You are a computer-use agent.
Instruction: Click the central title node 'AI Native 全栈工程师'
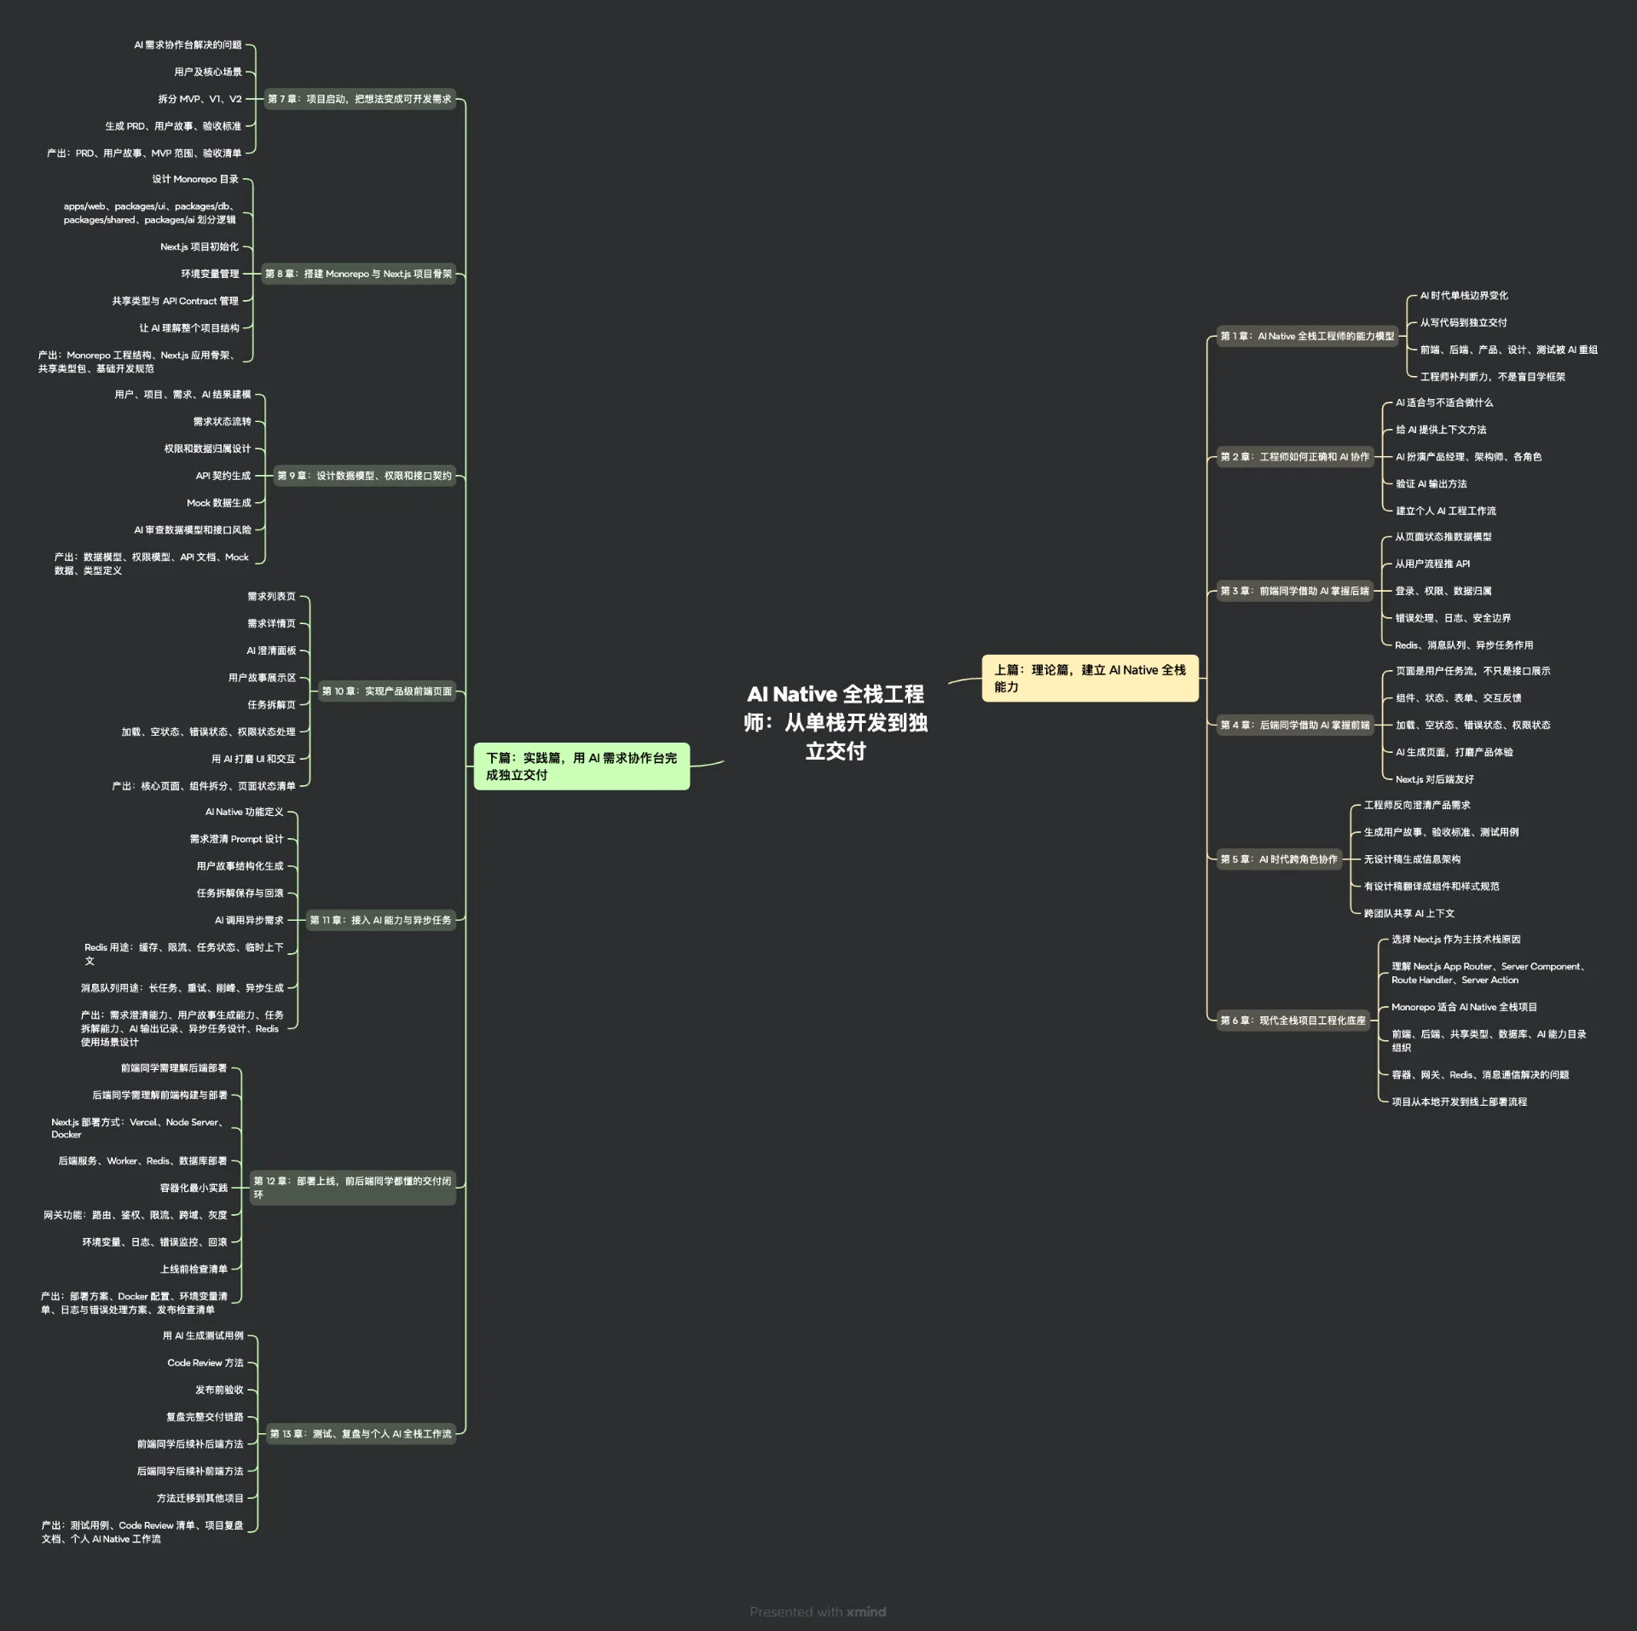[x=836, y=722]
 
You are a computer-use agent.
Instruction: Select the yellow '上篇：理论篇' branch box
[x=1090, y=679]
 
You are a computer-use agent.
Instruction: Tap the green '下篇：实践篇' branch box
[x=581, y=766]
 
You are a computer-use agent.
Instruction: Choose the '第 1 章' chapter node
[x=1306, y=336]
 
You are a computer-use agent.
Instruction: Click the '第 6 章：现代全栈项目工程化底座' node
[x=1293, y=1020]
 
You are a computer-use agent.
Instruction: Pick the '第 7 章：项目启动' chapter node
[x=359, y=99]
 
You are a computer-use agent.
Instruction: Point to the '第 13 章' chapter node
[x=361, y=1433]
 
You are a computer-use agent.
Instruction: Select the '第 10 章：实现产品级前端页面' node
[x=386, y=691]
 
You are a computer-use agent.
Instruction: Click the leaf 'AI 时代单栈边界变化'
[x=1464, y=296]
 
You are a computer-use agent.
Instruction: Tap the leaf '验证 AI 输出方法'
[x=1431, y=483]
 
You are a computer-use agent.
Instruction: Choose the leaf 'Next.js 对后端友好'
[x=1434, y=779]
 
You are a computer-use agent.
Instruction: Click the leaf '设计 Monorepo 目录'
[x=195, y=179]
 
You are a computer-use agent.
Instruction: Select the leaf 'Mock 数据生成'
[x=219, y=503]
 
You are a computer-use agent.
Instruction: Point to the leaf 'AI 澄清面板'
[x=271, y=651]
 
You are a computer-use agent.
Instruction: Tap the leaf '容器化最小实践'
[x=194, y=1188]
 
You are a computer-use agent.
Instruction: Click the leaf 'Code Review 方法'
[x=205, y=1362]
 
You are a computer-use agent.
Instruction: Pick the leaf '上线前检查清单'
[x=194, y=1269]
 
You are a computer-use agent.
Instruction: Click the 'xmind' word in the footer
[x=866, y=1611]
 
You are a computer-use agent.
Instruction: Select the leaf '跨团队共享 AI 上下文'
[x=1409, y=913]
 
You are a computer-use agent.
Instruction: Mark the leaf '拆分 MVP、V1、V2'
[x=200, y=99]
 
